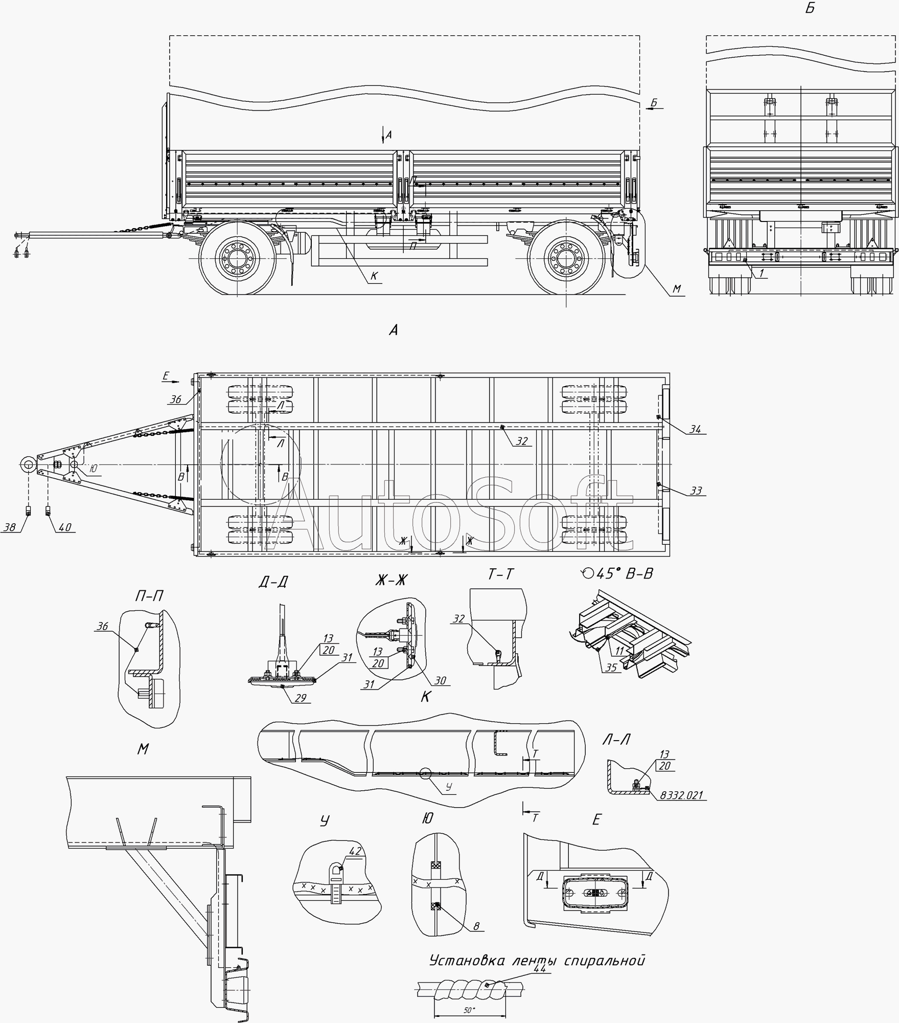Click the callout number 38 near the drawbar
pyautogui.click(x=9, y=527)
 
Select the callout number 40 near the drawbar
pyautogui.click(x=65, y=527)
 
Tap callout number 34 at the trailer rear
pyautogui.click(x=695, y=429)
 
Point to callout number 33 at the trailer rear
pyautogui.click(x=696, y=491)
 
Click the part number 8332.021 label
pyautogui.click(x=681, y=795)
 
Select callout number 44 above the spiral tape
pyautogui.click(x=540, y=968)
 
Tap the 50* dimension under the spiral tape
pyautogui.click(x=469, y=1010)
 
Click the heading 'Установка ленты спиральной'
pyautogui.click(x=537, y=960)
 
